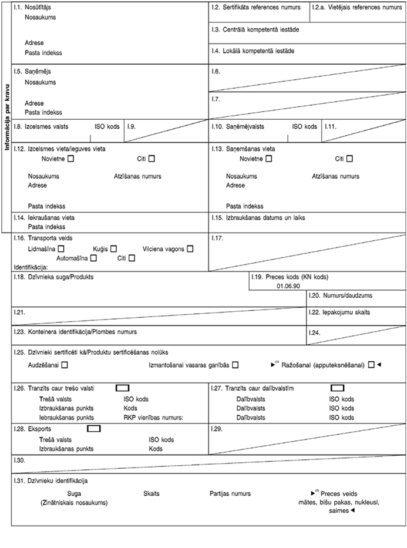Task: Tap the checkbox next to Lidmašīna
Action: [x=60, y=249]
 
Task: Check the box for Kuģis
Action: [x=113, y=249]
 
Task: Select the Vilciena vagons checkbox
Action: [x=190, y=249]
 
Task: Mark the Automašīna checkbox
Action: [x=93, y=258]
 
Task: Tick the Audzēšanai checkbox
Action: [x=64, y=365]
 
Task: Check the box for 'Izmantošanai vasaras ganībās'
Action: [x=235, y=365]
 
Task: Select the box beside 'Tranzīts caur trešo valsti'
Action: [x=122, y=388]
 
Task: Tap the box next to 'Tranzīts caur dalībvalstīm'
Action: [x=337, y=388]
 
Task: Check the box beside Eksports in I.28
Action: [x=93, y=428]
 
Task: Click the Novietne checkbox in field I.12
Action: [x=70, y=159]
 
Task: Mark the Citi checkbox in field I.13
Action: [x=349, y=159]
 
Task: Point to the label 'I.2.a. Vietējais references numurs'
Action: [x=357, y=8]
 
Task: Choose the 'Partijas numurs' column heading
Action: [x=230, y=494]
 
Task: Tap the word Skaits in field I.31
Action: [x=152, y=494]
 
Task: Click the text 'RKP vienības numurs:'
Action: [x=154, y=418]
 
